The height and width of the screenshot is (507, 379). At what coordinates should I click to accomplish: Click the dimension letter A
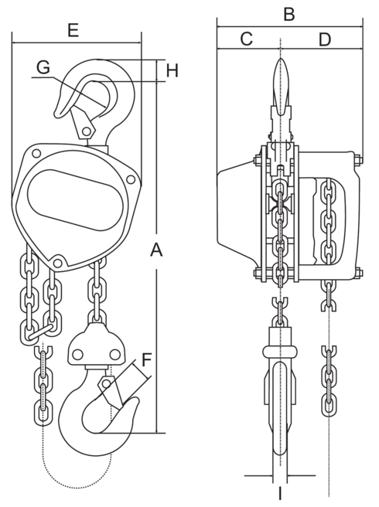click(157, 250)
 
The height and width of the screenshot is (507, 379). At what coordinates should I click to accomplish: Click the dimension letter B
click(289, 13)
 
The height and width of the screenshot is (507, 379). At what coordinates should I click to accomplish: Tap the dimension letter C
click(246, 39)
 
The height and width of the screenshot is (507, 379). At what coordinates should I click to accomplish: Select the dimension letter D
click(325, 39)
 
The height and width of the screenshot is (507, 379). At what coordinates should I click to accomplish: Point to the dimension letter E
click(73, 30)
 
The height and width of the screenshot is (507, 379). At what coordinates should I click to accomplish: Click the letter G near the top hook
click(43, 67)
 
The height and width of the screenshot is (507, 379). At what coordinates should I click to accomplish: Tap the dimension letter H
click(172, 71)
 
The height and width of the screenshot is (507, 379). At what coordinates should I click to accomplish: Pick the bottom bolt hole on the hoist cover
click(57, 259)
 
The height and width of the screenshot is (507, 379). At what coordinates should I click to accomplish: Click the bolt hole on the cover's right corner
click(131, 179)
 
